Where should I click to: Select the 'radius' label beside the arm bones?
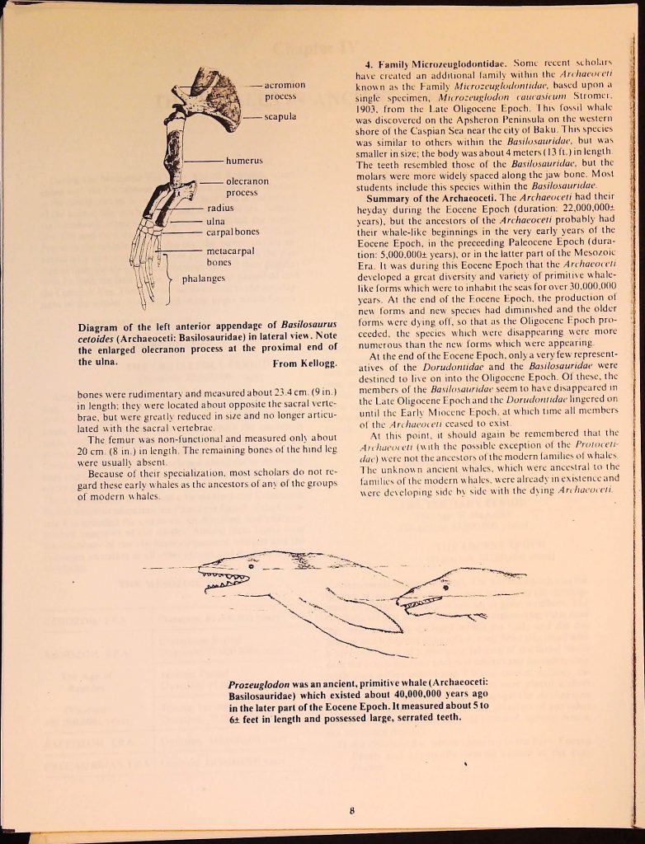pos(220,209)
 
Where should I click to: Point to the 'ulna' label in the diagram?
pos(216,220)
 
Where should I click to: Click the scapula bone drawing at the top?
pos(216,95)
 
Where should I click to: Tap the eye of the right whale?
pos(445,586)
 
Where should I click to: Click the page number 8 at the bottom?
pos(352,810)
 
